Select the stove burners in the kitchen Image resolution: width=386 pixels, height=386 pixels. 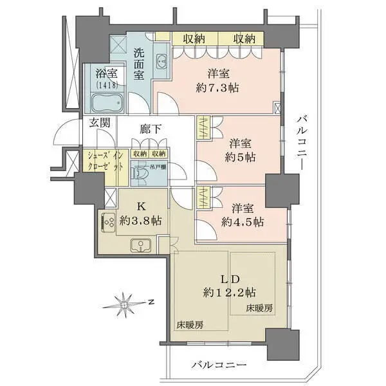(107, 222)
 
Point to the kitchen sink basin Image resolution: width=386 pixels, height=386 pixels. (141, 245)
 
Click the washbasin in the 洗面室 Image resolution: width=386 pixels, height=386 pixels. (161, 63)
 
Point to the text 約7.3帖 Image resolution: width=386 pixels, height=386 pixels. (216, 87)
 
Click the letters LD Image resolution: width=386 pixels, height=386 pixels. (214, 279)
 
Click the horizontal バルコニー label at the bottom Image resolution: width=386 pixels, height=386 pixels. (219, 365)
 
